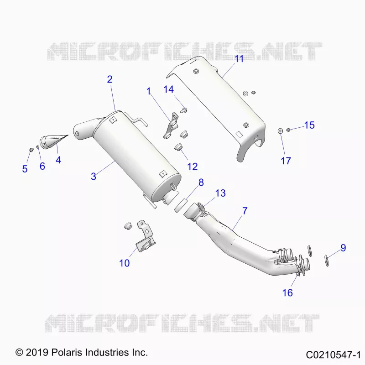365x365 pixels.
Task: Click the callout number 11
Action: click(239, 59)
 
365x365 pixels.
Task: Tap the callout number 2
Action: click(110, 79)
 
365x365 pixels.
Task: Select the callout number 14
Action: click(168, 89)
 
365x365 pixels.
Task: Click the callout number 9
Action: click(343, 248)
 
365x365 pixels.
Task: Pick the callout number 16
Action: click(287, 293)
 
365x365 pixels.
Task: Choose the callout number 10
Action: click(125, 263)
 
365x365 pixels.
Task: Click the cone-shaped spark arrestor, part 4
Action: click(54, 141)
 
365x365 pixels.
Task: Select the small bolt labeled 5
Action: click(31, 150)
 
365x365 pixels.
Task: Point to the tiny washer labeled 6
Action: click(37, 146)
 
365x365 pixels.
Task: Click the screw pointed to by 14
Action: click(184, 110)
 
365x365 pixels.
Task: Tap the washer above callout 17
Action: click(280, 130)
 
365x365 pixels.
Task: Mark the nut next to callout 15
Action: click(288, 130)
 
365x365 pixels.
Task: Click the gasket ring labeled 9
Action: click(327, 261)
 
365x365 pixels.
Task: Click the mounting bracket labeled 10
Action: click(144, 237)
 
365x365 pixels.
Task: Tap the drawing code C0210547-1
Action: click(333, 355)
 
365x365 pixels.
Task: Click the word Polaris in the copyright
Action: click(67, 352)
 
